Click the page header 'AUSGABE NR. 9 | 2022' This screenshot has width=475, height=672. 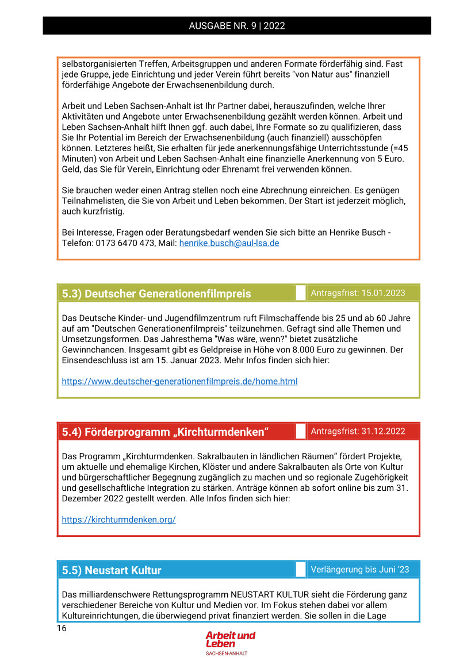237,26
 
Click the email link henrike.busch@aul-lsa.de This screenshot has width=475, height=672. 229,243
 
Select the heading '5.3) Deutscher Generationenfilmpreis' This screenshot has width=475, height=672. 156,294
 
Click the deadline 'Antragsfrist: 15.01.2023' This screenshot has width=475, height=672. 358,293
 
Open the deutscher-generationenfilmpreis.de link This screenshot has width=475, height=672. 179,381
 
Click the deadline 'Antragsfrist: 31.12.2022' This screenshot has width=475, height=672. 358,431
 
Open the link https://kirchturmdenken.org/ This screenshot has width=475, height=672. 118,520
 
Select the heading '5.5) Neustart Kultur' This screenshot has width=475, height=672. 112,570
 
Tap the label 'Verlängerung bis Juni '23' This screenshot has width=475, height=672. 360,570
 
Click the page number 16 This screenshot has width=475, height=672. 62,628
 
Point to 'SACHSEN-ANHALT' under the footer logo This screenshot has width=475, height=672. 227,654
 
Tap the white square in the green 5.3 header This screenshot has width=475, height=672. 300,293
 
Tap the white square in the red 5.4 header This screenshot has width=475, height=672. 300,431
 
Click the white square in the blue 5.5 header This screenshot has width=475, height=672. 300,570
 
